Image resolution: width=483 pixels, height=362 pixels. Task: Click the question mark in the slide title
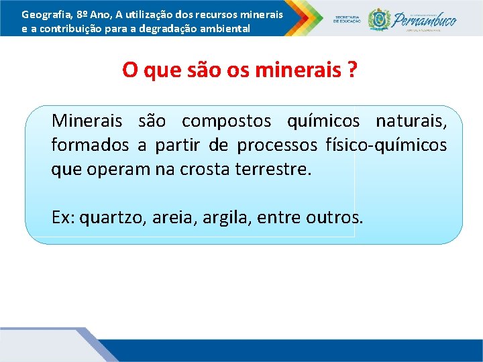[x=352, y=70]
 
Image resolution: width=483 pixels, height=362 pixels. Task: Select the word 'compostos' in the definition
[x=226, y=121]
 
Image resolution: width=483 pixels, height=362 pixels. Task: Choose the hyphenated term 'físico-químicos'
[x=386, y=145]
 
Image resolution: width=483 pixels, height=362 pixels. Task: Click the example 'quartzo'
[x=111, y=218]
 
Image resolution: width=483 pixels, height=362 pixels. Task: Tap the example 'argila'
[x=225, y=218]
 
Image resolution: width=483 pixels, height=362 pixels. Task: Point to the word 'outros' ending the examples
[x=333, y=218]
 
